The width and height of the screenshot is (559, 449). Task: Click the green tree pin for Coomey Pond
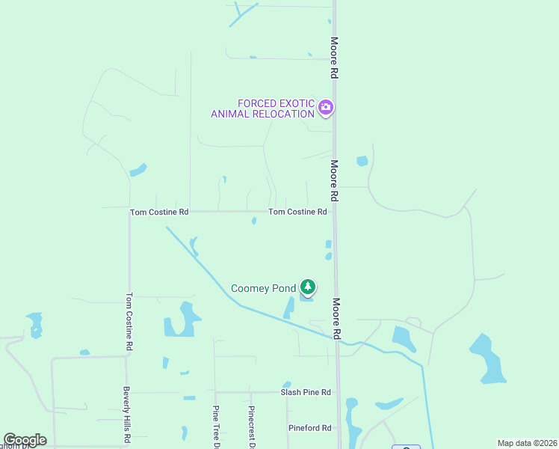[x=307, y=287]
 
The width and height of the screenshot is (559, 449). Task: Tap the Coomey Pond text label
[x=263, y=288]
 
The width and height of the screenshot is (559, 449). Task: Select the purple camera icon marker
[x=325, y=108]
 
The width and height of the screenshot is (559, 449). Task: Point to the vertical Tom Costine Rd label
[x=129, y=321]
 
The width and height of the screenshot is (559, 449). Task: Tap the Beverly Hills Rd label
[x=127, y=415]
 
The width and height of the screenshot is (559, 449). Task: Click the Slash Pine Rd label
[x=305, y=392]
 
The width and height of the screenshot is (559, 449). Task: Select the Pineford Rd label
[x=309, y=428]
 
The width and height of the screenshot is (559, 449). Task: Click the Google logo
[x=25, y=440]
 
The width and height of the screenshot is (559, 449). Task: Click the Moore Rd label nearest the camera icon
[x=335, y=58]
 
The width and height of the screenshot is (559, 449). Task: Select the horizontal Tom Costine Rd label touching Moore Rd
[x=297, y=212]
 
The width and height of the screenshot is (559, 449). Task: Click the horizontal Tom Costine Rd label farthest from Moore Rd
[x=159, y=213]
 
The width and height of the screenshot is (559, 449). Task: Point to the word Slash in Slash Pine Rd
[x=291, y=392]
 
